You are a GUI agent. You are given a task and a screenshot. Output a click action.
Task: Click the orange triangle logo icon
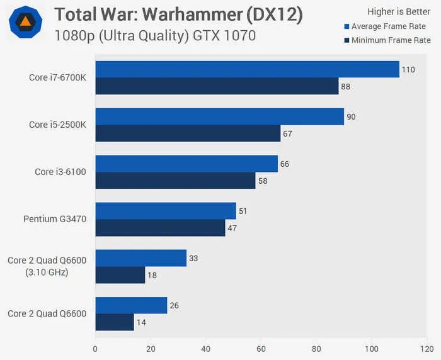point(26,23)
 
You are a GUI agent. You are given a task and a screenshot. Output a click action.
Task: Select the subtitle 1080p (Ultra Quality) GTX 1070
point(155,36)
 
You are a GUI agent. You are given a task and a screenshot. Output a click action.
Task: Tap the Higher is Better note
point(399,11)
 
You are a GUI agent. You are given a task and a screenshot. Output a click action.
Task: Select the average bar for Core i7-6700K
point(247,69)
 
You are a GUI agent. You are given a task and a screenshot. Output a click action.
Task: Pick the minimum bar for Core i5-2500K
point(188,133)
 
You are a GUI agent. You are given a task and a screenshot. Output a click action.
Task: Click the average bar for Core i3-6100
point(186,164)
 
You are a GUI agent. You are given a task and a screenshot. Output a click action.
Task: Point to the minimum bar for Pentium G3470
point(160,228)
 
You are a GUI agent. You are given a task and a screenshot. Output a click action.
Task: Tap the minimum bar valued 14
point(115,322)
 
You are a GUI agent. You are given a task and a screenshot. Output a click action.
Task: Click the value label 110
point(408,69)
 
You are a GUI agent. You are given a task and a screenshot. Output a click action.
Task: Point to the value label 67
point(288,133)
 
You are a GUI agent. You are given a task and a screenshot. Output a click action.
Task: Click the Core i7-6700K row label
point(57,77)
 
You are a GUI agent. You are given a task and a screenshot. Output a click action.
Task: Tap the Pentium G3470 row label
point(55,219)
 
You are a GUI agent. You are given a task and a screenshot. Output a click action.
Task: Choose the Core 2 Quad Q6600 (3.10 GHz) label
point(47,266)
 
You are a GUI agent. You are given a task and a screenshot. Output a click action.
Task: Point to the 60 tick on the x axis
point(261,347)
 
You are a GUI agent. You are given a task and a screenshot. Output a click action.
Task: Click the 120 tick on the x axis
point(427,347)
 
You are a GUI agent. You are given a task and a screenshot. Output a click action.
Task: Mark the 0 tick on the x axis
point(95,347)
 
